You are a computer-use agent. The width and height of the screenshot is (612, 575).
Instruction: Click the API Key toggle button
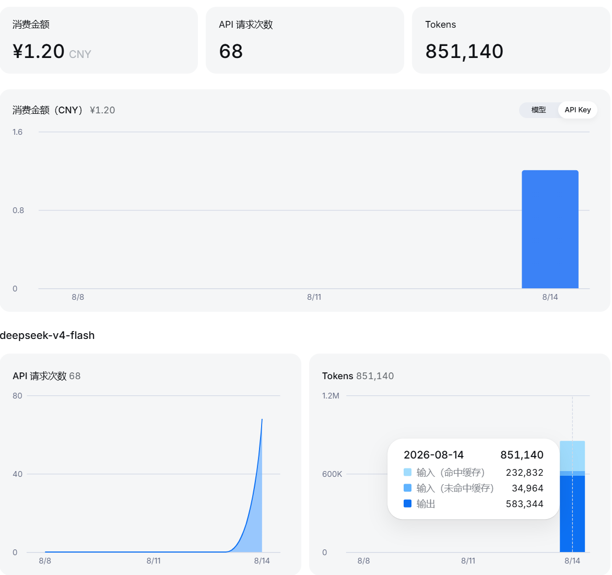[578, 110]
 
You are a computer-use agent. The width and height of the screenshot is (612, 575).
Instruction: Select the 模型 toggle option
[538, 110]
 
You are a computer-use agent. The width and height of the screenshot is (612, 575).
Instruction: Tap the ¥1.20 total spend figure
[38, 52]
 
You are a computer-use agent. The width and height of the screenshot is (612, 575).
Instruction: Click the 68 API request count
[231, 52]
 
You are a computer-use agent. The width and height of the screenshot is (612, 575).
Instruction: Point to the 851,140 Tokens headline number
[464, 52]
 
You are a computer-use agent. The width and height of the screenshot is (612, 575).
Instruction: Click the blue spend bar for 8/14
[550, 229]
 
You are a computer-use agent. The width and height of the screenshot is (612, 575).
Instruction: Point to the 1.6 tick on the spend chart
[18, 132]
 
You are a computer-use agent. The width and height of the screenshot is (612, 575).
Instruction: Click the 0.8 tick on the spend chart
[18, 210]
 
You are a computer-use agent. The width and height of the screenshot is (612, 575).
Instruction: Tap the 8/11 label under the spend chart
[314, 297]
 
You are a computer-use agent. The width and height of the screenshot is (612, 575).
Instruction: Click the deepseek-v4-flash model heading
[47, 335]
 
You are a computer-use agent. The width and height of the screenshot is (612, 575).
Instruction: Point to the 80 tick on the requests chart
[17, 396]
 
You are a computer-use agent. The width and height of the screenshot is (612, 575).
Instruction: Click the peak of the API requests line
[262, 419]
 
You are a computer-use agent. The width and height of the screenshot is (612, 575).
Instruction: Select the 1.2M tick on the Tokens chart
[331, 396]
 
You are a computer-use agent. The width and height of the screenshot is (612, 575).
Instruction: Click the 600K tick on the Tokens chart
[332, 474]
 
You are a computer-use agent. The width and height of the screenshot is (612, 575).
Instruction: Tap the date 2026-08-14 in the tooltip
[433, 455]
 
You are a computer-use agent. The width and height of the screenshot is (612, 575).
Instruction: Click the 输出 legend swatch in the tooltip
[407, 503]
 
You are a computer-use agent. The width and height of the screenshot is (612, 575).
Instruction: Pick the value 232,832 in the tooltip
[525, 473]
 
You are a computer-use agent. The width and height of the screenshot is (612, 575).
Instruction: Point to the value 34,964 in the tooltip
[527, 488]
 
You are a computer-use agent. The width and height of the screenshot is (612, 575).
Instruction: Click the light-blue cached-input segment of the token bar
[572, 456]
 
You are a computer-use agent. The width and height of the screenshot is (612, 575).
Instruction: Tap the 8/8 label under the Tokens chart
[363, 561]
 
